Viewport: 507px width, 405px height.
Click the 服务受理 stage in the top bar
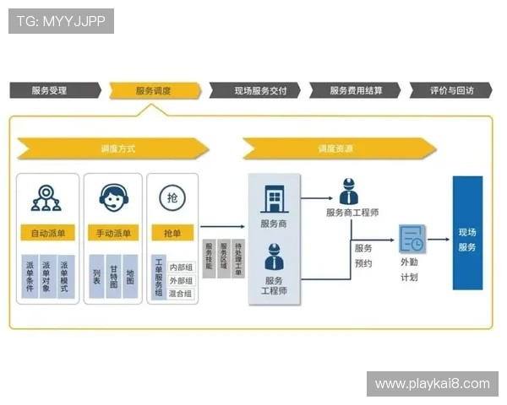(52, 90)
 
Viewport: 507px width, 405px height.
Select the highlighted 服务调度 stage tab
(155, 90)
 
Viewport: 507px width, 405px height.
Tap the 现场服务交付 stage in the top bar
(254, 90)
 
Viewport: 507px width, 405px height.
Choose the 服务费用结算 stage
(354, 90)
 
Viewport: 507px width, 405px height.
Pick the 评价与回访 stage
(451, 90)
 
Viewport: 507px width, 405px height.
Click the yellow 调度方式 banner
(114, 148)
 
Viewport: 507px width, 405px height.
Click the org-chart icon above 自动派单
(46, 197)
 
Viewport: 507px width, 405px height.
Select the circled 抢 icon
(172, 197)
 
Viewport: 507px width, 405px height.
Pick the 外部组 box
(180, 280)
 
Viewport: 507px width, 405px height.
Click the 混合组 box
(180, 294)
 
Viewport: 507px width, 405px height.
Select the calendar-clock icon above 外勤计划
(412, 239)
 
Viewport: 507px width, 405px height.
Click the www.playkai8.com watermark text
(432, 384)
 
